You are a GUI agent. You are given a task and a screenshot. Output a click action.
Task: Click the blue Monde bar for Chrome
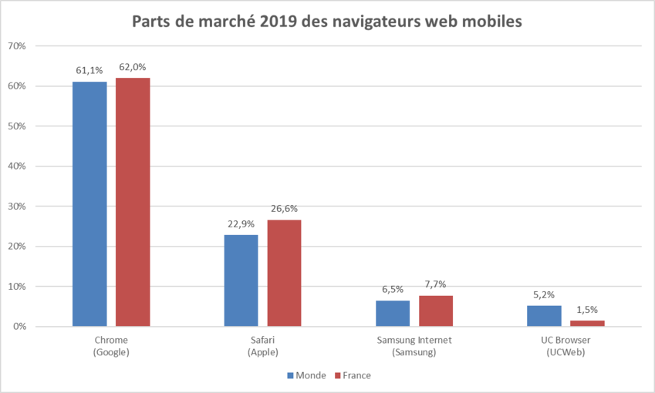pyautogui.click(x=89, y=204)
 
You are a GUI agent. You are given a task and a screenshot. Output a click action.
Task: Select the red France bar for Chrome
pyautogui.click(x=133, y=202)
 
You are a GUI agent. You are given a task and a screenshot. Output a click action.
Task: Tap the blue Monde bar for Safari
pyautogui.click(x=241, y=280)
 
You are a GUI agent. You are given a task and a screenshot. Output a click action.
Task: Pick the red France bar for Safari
pyautogui.click(x=284, y=273)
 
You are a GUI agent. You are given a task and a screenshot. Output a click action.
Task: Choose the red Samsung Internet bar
pyautogui.click(x=436, y=311)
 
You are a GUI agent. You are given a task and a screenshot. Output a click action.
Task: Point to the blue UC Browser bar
pyautogui.click(x=545, y=316)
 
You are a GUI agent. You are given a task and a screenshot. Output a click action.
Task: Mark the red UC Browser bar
pyautogui.click(x=588, y=324)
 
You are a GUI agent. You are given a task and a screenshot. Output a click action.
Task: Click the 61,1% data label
pyautogui.click(x=89, y=70)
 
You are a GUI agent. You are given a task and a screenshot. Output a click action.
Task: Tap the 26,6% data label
pyautogui.click(x=284, y=209)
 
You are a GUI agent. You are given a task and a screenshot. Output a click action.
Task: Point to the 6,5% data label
pyautogui.click(x=393, y=289)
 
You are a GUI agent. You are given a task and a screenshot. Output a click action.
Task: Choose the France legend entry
pyautogui.click(x=353, y=375)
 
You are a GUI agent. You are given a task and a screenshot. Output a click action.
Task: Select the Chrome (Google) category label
pyautogui.click(x=111, y=346)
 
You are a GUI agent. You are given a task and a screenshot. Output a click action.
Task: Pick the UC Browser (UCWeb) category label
pyautogui.click(x=566, y=346)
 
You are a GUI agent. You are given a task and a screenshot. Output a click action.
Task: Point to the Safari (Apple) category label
pyautogui.click(x=262, y=346)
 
